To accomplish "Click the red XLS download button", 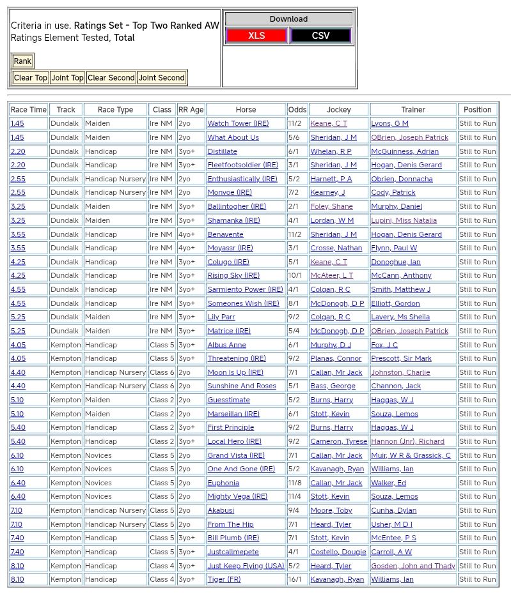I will coord(256,36).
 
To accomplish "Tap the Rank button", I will coord(22,61).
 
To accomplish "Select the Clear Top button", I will coord(31,78).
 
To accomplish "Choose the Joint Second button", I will coord(162,78).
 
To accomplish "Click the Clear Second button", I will coord(111,78).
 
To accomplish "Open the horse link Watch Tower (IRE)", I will coord(238,124).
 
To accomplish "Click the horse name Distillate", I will coord(222,151).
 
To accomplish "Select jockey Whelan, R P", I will coord(331,151).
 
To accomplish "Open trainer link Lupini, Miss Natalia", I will coord(404,220).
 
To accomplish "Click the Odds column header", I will coord(297,110).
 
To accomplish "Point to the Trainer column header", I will coord(413,110).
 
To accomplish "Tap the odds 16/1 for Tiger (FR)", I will coord(295,580).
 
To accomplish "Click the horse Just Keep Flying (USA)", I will coord(246,566).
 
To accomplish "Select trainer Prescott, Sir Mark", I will coord(401,359).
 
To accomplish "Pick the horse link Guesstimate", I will coord(228,400).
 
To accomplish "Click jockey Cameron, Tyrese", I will coord(338,442).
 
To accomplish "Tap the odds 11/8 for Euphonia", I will coord(295,483).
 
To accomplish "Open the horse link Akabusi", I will coord(221,511).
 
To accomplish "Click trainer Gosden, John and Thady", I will coord(413,566).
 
